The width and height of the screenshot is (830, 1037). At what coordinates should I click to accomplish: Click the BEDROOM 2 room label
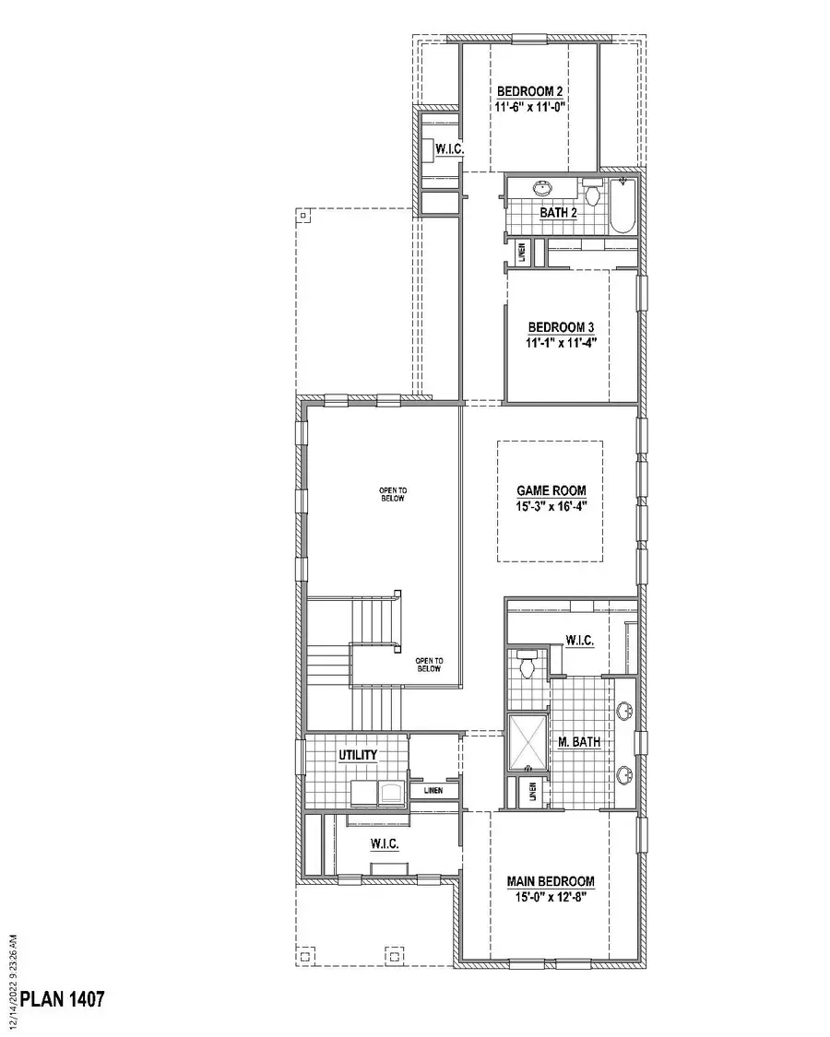click(530, 91)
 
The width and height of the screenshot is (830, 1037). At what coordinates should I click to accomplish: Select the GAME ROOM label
click(551, 490)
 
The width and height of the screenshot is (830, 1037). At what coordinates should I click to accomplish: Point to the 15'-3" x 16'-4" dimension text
click(551, 506)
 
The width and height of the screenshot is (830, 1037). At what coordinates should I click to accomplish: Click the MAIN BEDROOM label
click(551, 881)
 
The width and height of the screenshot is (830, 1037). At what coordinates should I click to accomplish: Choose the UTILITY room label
click(358, 756)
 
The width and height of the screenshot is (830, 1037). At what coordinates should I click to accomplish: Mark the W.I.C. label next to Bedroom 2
click(448, 148)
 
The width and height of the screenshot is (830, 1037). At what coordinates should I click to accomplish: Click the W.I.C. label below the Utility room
click(384, 843)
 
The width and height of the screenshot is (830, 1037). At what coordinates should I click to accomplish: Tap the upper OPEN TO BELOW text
click(392, 494)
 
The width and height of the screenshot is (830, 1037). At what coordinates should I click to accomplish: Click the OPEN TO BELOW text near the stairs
click(430, 665)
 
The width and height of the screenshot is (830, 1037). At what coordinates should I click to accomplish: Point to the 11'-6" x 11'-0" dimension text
click(530, 107)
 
